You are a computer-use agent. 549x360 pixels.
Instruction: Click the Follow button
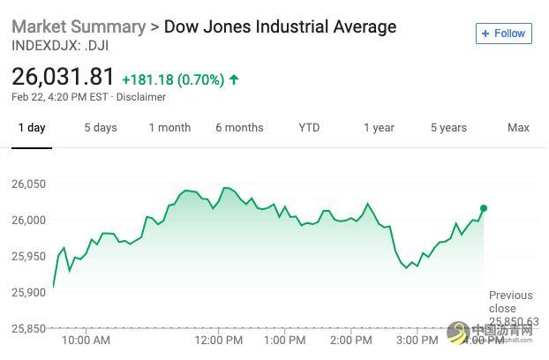(x=502, y=34)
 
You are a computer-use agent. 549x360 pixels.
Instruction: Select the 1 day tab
(x=31, y=128)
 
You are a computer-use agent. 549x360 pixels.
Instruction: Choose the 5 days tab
(x=101, y=128)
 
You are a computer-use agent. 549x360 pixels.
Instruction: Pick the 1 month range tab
(x=169, y=128)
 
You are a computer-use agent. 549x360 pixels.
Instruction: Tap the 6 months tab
(x=239, y=128)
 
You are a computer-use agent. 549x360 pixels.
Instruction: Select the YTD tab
(x=309, y=128)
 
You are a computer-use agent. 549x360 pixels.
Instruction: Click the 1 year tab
(x=379, y=128)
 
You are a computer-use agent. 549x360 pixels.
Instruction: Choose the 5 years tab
(x=448, y=128)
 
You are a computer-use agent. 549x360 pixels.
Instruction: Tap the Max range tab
(x=518, y=128)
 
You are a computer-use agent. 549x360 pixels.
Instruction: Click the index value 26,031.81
(x=64, y=78)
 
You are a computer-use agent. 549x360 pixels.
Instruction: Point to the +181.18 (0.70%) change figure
(x=172, y=79)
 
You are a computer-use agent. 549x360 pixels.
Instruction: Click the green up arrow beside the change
(x=234, y=79)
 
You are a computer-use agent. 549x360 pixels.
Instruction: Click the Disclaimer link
(x=141, y=97)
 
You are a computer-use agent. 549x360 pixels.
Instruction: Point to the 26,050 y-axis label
(x=28, y=184)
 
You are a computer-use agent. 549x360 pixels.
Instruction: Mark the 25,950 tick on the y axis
(x=28, y=257)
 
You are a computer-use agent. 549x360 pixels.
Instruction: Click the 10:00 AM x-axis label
(x=86, y=340)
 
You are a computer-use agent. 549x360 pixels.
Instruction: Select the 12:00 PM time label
(x=219, y=340)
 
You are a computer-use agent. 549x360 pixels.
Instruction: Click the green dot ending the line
(x=484, y=208)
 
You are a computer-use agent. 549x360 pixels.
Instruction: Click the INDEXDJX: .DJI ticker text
(x=60, y=45)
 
